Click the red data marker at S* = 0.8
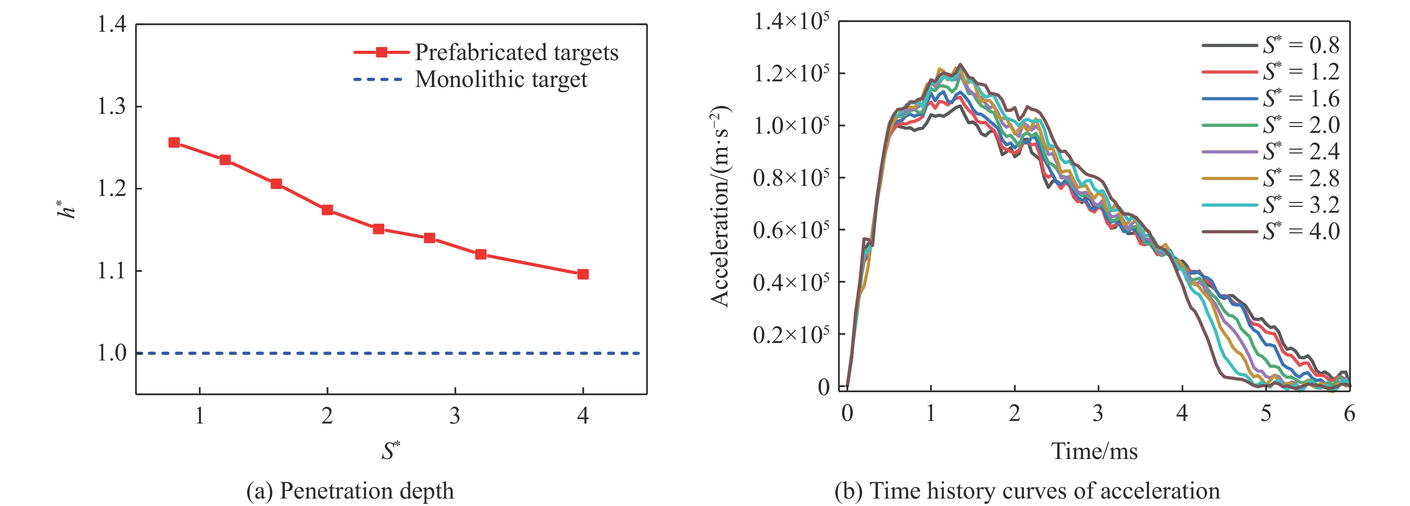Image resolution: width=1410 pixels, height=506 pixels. click(x=174, y=143)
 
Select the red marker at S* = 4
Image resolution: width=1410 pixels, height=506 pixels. click(x=583, y=274)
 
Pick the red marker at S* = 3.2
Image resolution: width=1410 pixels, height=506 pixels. click(x=480, y=254)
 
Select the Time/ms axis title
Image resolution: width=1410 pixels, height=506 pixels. click(x=1094, y=451)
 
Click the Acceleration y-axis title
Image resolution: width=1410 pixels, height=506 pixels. click(x=720, y=205)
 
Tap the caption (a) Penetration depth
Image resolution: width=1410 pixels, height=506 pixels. click(x=350, y=491)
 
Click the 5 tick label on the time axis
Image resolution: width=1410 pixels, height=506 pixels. click(x=1266, y=413)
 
